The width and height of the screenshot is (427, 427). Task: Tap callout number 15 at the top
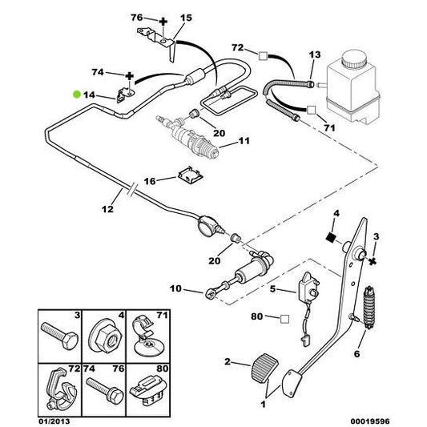[x=186, y=17]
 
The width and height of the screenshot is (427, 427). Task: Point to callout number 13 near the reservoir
[x=315, y=54]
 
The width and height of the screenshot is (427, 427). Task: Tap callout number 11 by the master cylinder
[x=244, y=142]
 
